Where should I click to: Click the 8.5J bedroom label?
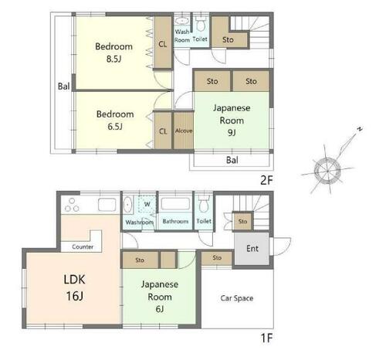114,53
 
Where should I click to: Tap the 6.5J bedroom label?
115,121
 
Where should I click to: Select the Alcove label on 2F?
184,131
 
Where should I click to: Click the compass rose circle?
327,171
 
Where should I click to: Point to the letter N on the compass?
360,129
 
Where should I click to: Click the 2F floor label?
266,180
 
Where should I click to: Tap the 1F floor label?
266,338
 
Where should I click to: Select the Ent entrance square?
252,249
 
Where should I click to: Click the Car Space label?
237,298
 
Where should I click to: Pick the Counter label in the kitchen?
83,246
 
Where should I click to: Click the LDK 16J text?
74,287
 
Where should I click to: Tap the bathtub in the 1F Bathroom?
175,204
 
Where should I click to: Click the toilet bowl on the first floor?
204,205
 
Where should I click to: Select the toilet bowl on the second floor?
201,24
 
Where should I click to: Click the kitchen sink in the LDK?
107,205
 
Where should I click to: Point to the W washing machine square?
147,204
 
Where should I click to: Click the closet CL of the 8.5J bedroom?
163,43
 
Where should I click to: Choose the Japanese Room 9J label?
232,121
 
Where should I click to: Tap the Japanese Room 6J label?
160,297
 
